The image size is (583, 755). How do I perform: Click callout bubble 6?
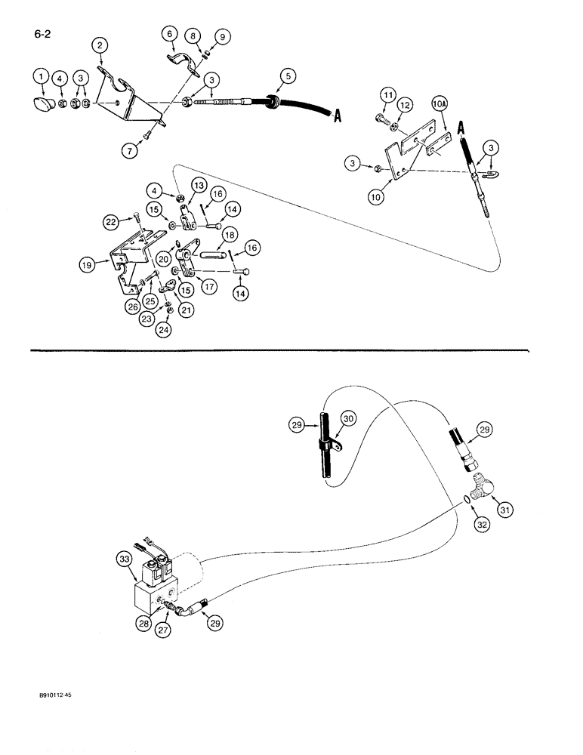click(168, 33)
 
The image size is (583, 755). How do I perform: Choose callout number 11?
click(387, 94)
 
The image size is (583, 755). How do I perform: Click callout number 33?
click(125, 559)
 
